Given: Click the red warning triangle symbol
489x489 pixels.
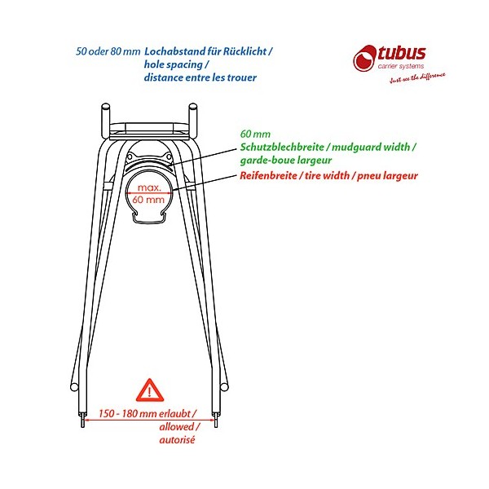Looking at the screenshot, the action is pyautogui.click(x=150, y=390).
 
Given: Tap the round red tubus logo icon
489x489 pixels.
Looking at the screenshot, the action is pyautogui.click(x=365, y=59).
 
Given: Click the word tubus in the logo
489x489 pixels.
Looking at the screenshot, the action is pyautogui.click(x=402, y=53).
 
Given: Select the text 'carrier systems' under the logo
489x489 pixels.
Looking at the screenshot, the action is pyautogui.click(x=401, y=66).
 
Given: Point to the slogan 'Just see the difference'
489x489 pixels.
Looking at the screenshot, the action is pyautogui.click(x=417, y=78).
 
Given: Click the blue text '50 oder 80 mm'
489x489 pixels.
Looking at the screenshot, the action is pyautogui.click(x=108, y=51).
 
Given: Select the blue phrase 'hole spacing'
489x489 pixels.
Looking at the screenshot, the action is pyautogui.click(x=174, y=65).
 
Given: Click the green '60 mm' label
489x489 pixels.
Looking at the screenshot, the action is pyautogui.click(x=255, y=134).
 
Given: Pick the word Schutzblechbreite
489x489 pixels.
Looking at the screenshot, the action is pyautogui.click(x=282, y=147).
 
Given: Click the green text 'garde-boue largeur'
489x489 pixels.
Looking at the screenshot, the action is pyautogui.click(x=286, y=161).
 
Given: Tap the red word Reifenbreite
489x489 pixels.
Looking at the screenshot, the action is pyautogui.click(x=268, y=175).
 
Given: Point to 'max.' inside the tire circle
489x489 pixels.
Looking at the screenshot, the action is pyautogui.click(x=149, y=187).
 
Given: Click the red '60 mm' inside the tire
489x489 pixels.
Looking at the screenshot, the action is pyautogui.click(x=148, y=200).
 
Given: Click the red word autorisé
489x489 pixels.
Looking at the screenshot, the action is pyautogui.click(x=177, y=440).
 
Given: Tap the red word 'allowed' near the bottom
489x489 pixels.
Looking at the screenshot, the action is pyautogui.click(x=177, y=426).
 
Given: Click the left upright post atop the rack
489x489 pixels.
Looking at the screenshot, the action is pyautogui.click(x=105, y=121).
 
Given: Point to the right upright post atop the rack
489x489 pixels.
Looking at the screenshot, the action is pyautogui.click(x=192, y=121).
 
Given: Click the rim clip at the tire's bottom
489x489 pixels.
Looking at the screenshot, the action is pyautogui.click(x=148, y=218).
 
